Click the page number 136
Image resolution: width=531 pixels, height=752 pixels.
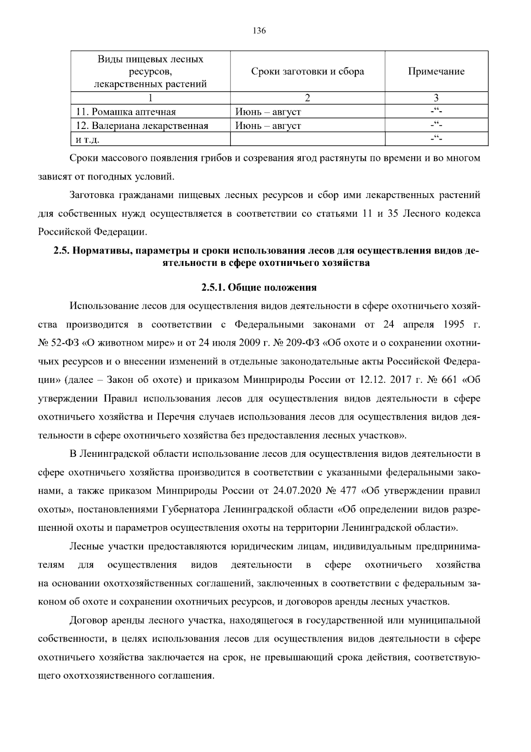tap(259, 31)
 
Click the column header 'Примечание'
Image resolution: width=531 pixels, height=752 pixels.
tap(436, 71)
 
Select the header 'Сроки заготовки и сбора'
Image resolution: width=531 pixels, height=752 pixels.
tap(308, 71)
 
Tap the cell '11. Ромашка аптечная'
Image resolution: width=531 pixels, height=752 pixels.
tap(126, 112)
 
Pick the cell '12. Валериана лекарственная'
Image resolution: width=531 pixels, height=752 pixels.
tap(142, 126)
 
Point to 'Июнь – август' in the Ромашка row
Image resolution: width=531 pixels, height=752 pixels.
tap(268, 112)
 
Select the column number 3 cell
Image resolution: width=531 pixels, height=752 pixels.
tap(436, 98)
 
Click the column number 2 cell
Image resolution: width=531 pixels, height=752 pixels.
tap(308, 98)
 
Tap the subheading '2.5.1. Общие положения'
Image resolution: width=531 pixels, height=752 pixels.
tap(259, 288)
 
